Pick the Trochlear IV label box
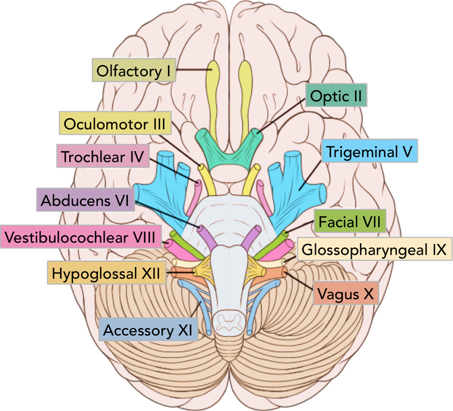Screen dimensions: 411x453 tap(103, 156)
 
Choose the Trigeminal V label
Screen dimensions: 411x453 tap(370, 152)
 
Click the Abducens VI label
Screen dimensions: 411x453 tap(85, 200)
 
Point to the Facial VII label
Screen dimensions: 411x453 tap(350, 223)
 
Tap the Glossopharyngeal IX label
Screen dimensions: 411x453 tap(373, 250)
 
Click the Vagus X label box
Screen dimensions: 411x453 tap(345, 294)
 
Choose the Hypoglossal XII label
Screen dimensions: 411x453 tap(106, 271)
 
